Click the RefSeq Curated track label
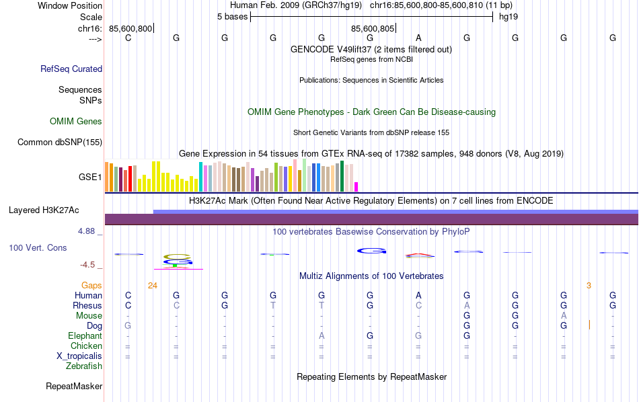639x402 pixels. pos(71,69)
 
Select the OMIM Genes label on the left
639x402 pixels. pos(76,122)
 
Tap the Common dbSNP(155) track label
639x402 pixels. pos(60,142)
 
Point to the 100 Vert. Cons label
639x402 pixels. pos(38,248)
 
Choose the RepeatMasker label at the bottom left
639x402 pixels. pos(74,387)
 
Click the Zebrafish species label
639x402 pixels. pos(84,366)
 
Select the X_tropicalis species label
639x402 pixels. pos(79,356)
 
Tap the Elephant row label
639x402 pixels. pos(85,336)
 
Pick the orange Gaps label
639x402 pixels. pos(91,286)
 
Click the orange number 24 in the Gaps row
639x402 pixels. pos(153,286)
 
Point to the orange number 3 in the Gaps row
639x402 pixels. pos(589,286)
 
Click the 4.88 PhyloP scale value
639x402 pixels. pos(89,231)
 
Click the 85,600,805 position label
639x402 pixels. pos(372,28)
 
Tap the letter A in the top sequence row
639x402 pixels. pos(418,38)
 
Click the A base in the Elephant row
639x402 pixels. pos(322,336)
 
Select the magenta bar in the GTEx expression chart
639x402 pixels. pos(356,186)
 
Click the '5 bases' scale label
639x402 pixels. pos(232,16)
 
